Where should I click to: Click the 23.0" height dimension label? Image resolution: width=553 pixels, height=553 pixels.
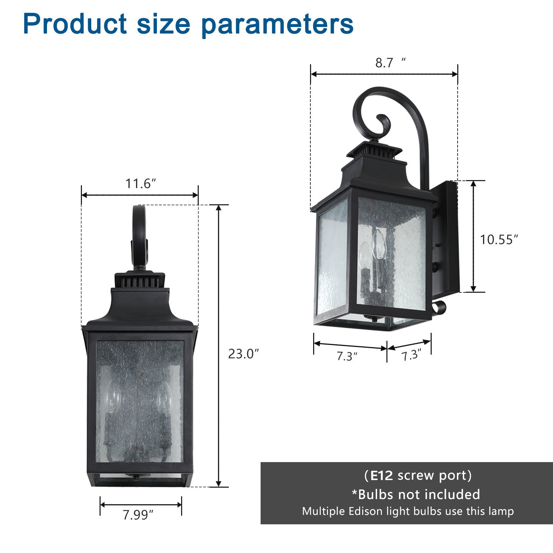(243, 354)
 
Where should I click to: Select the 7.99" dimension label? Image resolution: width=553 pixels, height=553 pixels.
(138, 515)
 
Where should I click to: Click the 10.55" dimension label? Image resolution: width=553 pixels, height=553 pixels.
(499, 240)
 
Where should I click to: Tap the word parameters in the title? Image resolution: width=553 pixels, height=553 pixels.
(278, 24)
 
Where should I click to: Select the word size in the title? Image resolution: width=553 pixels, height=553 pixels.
(163, 24)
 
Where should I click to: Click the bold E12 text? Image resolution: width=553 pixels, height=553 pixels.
(382, 476)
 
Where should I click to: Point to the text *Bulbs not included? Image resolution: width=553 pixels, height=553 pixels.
(416, 495)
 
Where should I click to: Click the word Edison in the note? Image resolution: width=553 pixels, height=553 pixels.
(373, 511)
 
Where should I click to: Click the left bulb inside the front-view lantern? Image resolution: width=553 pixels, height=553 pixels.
(114, 397)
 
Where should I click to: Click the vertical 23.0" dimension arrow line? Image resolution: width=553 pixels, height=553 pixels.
(218, 346)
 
